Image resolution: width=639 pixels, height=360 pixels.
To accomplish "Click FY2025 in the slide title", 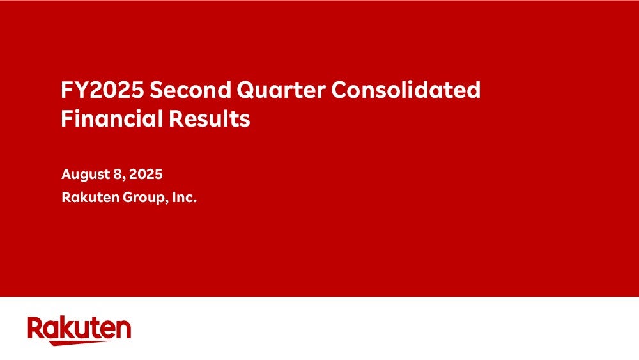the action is tap(102, 90).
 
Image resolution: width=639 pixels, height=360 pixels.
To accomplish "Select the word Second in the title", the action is tap(190, 90).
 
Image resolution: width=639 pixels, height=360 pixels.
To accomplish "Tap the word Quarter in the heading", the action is tap(281, 90).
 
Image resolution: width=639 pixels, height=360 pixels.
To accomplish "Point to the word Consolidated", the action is tap(406, 90).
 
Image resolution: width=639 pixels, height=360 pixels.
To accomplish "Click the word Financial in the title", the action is tap(112, 119).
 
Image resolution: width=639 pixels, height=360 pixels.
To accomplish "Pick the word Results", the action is tap(209, 119).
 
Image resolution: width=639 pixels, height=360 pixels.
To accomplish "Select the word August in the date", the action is tap(86, 175).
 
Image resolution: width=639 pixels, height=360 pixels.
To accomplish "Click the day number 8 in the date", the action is tap(118, 175).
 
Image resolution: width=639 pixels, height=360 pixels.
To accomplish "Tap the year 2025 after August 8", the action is tap(146, 175).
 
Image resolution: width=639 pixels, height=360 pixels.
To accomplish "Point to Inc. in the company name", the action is tap(185, 198).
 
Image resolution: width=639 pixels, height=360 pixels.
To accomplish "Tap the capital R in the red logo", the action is tap(35, 327).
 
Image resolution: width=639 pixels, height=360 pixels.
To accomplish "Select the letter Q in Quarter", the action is tap(246, 90).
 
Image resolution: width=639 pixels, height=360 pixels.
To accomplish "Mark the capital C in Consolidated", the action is tap(339, 90).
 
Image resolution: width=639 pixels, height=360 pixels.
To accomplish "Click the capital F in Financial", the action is tap(67, 119).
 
